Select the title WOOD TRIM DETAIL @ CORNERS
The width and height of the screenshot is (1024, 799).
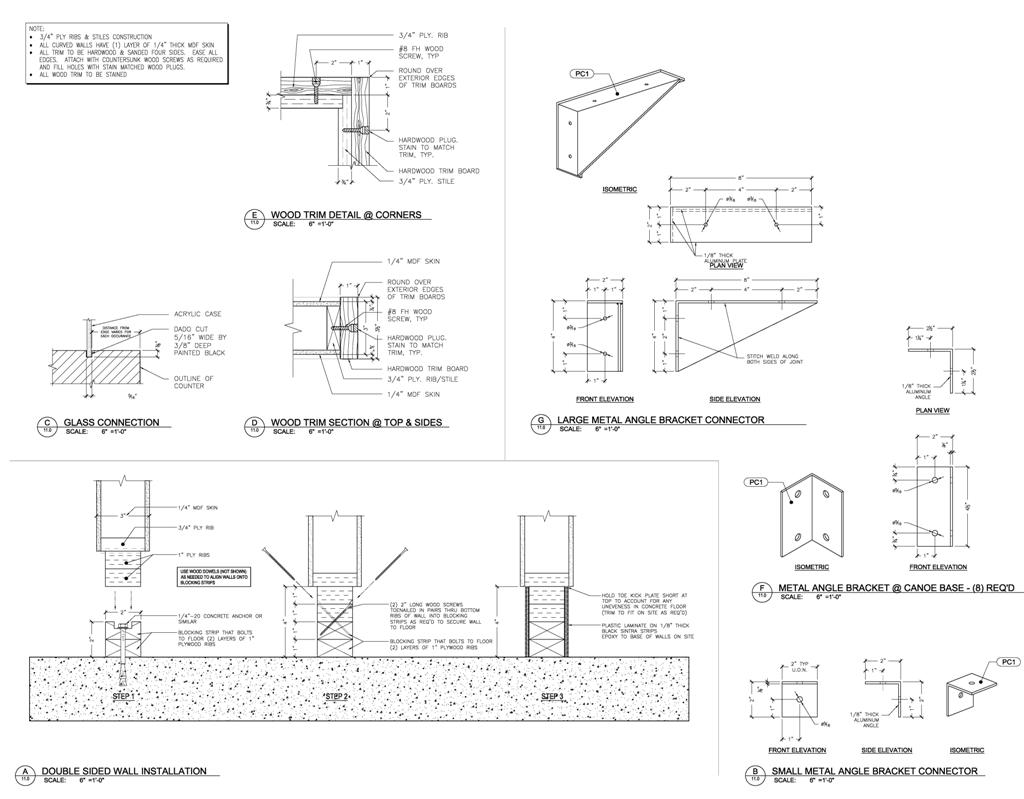click(345, 214)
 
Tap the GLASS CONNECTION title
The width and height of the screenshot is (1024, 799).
click(111, 422)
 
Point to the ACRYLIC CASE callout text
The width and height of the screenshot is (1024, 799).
click(196, 314)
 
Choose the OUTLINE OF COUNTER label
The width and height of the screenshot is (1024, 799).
click(194, 382)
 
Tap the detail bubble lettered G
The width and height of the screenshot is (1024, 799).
click(541, 423)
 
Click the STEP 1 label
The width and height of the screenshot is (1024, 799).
click(124, 696)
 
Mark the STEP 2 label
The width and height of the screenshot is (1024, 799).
click(336, 696)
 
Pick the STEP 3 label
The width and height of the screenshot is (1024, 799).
click(553, 696)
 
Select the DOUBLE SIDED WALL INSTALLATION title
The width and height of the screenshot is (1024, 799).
click(123, 771)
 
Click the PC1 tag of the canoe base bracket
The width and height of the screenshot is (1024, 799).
click(756, 482)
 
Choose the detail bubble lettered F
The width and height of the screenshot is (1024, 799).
click(762, 590)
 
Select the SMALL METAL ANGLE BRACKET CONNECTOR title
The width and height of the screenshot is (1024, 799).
click(874, 771)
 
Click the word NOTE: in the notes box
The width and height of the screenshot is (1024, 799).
click(37, 30)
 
